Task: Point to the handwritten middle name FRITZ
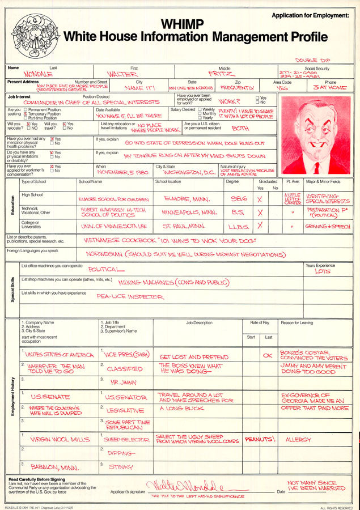[221, 74]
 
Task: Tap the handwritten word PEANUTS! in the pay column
[260, 439]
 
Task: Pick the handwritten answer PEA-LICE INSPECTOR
[130, 296]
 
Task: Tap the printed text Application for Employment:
[310, 15]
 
